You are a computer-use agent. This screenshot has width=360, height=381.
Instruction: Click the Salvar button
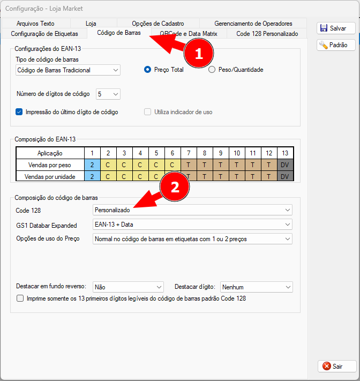336,28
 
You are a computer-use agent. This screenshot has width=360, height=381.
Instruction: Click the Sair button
337,366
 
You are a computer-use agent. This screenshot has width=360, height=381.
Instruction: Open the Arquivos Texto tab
35,24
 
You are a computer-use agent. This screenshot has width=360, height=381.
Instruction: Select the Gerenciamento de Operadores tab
253,24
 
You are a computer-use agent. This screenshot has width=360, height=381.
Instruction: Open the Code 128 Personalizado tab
267,34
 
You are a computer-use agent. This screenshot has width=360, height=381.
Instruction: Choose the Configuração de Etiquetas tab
44,34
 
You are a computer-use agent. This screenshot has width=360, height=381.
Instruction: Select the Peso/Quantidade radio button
212,70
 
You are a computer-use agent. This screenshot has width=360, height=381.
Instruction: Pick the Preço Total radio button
147,70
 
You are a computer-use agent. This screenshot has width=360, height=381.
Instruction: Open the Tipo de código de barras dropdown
68,70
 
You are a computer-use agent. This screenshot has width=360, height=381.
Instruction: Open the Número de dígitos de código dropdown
108,94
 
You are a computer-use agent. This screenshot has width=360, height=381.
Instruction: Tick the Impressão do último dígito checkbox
19,112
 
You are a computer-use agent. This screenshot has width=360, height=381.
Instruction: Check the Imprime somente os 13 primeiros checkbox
20,298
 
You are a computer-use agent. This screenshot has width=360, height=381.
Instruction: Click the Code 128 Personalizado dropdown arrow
288,210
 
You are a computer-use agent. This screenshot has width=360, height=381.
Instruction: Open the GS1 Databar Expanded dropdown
192,225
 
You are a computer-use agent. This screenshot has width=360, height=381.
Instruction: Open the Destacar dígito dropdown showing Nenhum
257,287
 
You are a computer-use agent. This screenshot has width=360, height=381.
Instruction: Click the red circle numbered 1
199,53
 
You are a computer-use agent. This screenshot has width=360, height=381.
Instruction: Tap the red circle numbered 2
175,186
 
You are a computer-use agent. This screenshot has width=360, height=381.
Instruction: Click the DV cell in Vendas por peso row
285,165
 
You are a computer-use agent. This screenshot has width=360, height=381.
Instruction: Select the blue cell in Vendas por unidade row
92,176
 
